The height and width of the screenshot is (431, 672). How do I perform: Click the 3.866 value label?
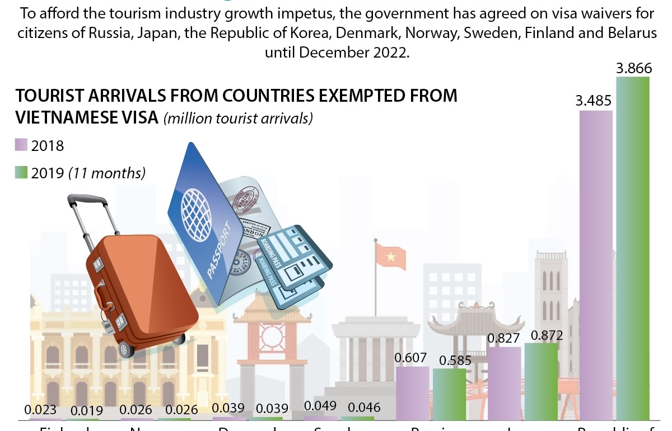click(634, 69)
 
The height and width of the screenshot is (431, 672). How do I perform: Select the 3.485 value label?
click(594, 102)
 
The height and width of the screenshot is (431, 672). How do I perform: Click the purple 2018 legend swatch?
click(21, 145)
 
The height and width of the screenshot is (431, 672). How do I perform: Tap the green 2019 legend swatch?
click(21, 173)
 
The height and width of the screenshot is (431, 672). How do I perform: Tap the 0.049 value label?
click(320, 408)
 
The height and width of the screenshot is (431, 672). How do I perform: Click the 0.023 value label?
click(40, 410)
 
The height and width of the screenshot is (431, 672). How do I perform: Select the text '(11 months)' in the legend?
click(107, 173)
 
